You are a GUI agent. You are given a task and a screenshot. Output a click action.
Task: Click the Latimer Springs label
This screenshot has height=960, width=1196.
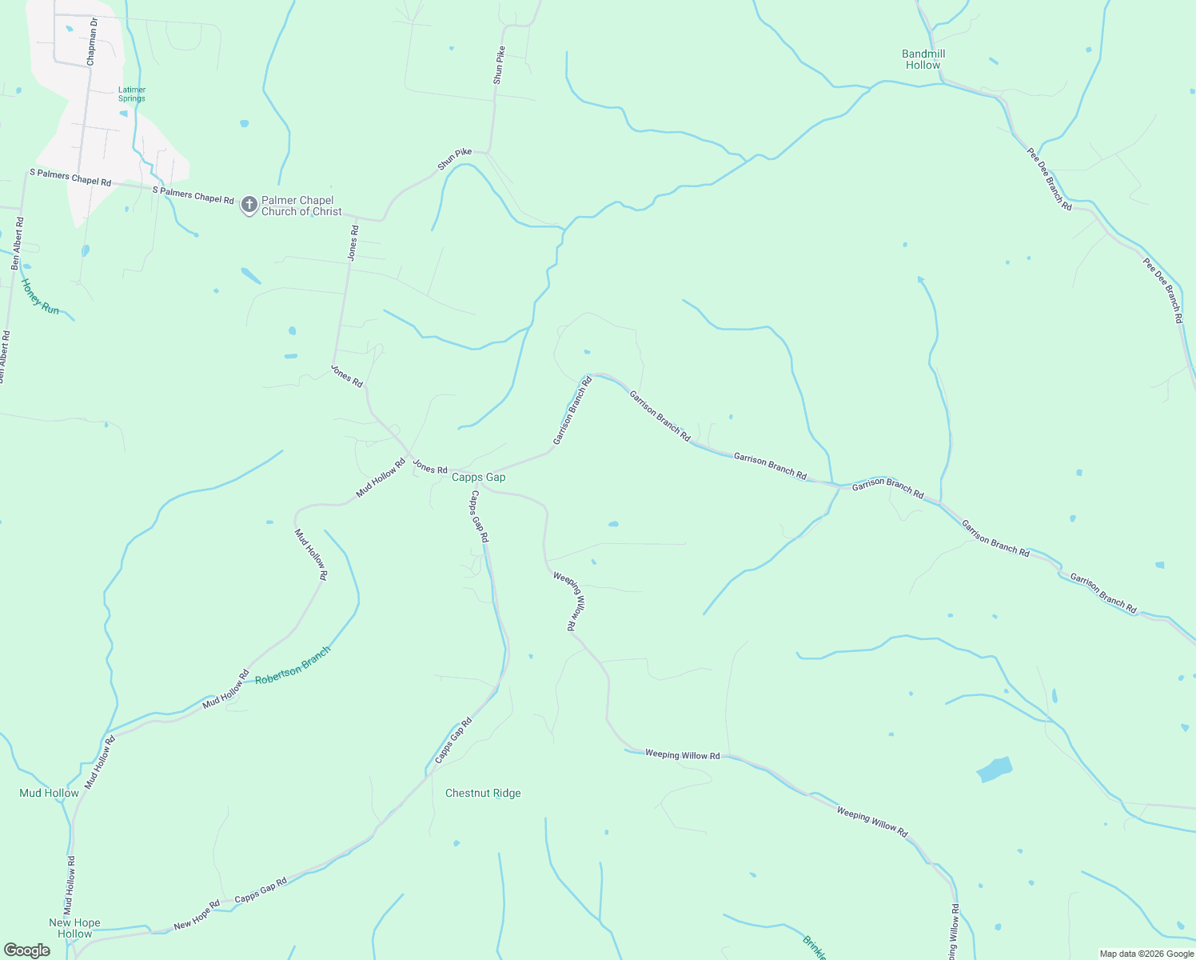tap(132, 94)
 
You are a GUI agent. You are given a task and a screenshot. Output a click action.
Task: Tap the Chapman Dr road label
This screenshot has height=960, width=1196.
tap(92, 42)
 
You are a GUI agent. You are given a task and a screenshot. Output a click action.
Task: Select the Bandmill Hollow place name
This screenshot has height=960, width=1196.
tap(923, 59)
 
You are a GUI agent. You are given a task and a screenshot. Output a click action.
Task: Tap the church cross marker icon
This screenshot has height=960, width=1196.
tap(249, 205)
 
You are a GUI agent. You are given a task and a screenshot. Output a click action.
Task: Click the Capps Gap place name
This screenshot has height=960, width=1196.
tap(479, 478)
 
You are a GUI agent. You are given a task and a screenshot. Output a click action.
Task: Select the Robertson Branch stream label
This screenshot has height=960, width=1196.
tap(292, 666)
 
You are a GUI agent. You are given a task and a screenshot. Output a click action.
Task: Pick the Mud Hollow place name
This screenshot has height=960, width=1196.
tap(49, 793)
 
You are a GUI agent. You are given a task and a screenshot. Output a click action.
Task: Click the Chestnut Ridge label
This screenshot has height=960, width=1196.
tap(483, 793)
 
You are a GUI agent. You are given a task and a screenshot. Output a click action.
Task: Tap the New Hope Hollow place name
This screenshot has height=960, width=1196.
tap(75, 928)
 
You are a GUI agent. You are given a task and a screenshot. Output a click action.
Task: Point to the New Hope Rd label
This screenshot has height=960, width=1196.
tap(197, 915)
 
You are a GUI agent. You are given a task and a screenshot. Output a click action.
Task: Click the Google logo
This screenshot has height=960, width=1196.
tap(26, 950)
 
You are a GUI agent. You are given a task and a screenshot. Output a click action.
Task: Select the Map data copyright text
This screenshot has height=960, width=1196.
tap(1146, 954)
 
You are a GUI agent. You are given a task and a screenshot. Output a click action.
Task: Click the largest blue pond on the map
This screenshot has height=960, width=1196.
tap(995, 770)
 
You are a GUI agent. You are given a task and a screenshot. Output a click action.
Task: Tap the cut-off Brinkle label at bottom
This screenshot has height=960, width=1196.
tap(815, 948)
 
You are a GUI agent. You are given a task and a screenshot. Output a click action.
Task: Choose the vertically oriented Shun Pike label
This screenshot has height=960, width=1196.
tap(499, 66)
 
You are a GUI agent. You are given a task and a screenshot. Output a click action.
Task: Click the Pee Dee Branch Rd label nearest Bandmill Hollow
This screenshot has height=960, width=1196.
tap(1050, 178)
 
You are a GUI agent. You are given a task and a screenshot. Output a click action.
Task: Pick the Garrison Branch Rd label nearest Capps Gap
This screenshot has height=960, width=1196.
tap(572, 411)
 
